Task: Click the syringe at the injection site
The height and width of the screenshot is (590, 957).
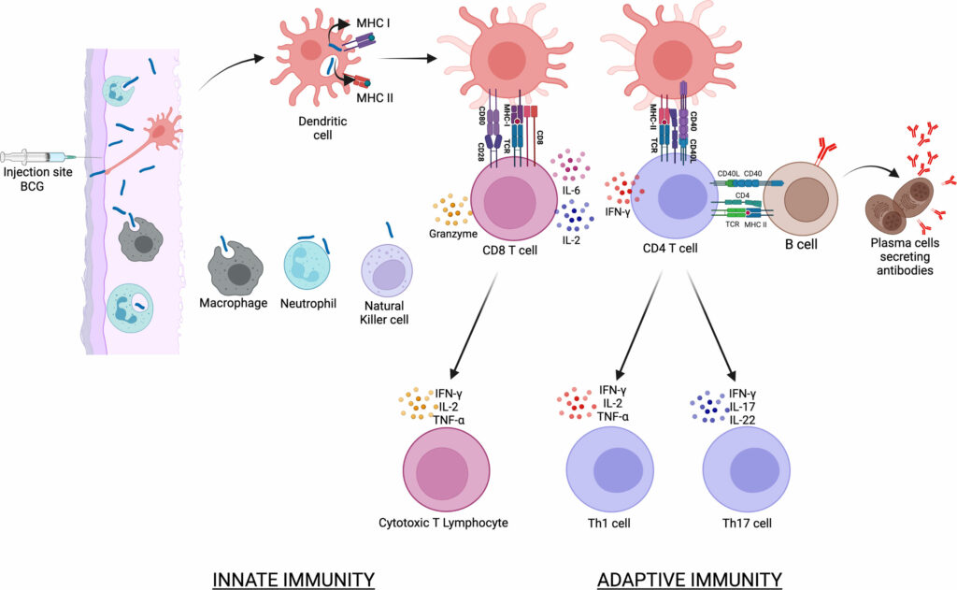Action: coord(37,157)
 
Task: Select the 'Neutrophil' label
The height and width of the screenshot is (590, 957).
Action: coord(307,304)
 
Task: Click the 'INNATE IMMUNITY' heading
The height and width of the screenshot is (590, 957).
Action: coord(295,579)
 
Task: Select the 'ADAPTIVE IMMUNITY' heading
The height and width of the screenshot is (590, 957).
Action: coord(689,579)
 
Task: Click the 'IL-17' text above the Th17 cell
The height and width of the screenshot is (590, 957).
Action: coord(741,405)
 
